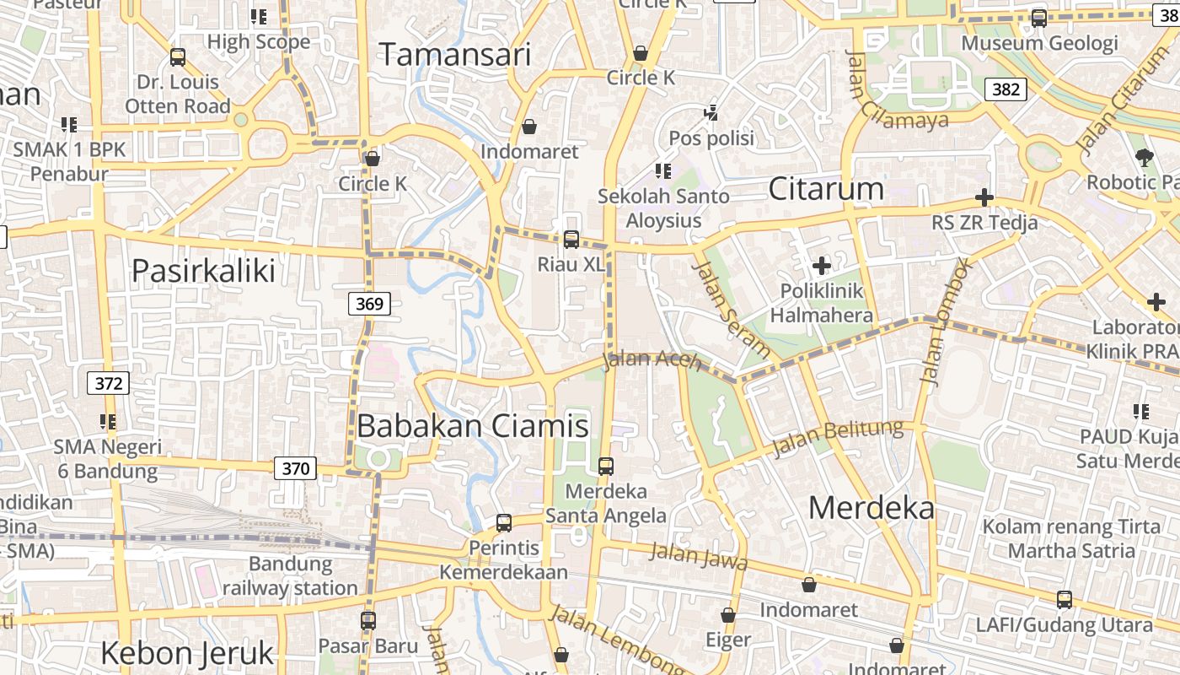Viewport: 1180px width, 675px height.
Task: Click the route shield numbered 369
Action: pyautogui.click(x=370, y=304)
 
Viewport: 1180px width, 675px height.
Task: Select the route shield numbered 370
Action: pyautogui.click(x=295, y=468)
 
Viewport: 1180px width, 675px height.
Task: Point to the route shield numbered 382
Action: pyautogui.click(x=1006, y=89)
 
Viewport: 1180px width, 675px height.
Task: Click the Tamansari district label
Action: pyautogui.click(x=455, y=56)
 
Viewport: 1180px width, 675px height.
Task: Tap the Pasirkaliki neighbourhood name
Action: pyautogui.click(x=204, y=271)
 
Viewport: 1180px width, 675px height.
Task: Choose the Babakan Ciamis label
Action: pyautogui.click(x=473, y=425)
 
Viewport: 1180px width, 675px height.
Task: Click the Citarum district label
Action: pyautogui.click(x=826, y=189)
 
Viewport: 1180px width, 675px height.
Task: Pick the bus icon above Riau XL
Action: pyautogui.click(x=571, y=240)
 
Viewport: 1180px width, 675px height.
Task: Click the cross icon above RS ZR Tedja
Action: pyautogui.click(x=984, y=198)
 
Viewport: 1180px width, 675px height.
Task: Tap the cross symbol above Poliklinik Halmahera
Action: pyautogui.click(x=821, y=267)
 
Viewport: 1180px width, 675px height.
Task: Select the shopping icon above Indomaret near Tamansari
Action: pyautogui.click(x=529, y=127)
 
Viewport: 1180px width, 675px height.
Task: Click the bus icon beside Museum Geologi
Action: pyautogui.click(x=1039, y=19)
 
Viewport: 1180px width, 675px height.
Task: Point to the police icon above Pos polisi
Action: pyautogui.click(x=712, y=112)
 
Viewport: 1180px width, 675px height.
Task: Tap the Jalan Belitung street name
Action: pyautogui.click(x=838, y=437)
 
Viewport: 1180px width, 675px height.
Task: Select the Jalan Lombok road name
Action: pyautogui.click(x=947, y=321)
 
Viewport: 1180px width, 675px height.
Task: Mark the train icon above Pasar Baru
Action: pyautogui.click(x=368, y=621)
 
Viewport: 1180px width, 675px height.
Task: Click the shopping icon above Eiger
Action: pyautogui.click(x=728, y=616)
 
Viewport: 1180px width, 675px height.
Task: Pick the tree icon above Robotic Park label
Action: pyautogui.click(x=1144, y=157)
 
